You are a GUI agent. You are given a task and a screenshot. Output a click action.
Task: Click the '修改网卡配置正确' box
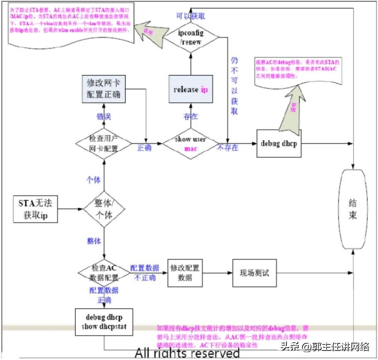(x=103, y=88)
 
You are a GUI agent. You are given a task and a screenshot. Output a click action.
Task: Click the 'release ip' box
(x=191, y=89)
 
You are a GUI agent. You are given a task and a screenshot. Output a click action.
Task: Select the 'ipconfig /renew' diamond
(x=191, y=37)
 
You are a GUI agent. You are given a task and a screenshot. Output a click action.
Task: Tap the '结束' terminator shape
(x=352, y=209)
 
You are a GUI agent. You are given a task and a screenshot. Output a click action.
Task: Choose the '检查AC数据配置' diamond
(x=103, y=272)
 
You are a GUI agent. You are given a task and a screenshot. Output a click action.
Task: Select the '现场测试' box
(x=254, y=273)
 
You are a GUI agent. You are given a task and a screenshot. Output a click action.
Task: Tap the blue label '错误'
(x=104, y=117)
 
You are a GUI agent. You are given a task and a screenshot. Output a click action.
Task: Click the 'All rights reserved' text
(x=187, y=353)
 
